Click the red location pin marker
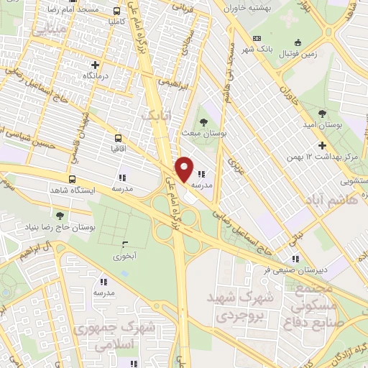[185, 169]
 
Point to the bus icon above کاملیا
[117, 11]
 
